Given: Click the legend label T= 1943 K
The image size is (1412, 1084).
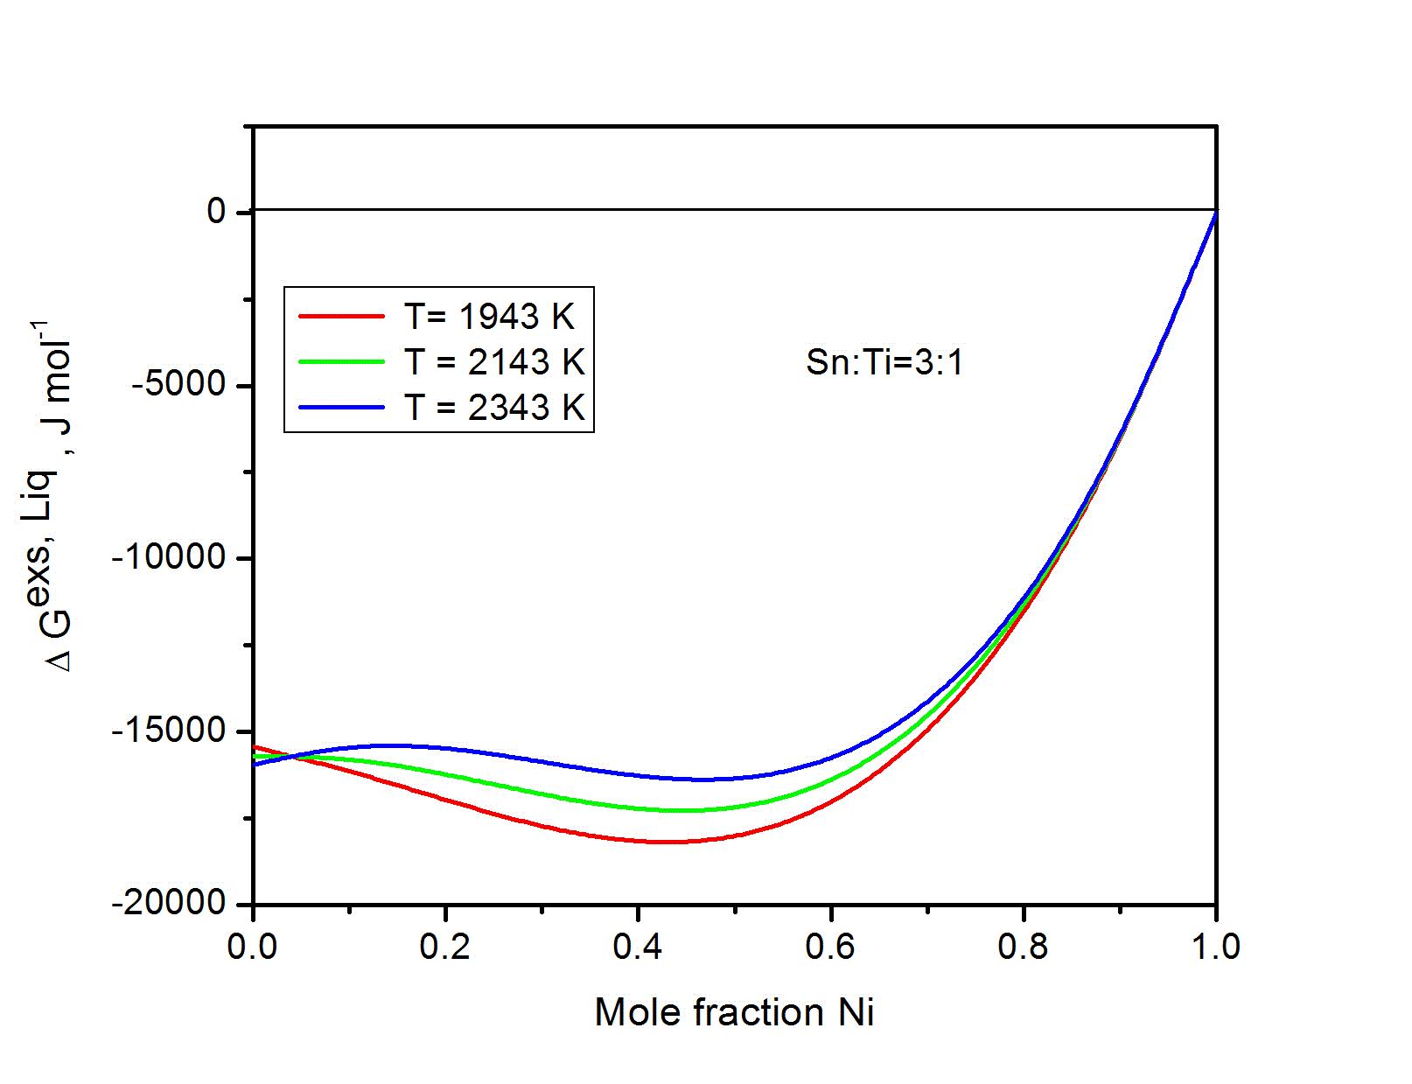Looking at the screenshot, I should (x=488, y=317).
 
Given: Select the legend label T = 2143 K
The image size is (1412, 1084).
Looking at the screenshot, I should (x=493, y=361).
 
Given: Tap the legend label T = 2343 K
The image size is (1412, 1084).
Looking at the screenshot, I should (x=493, y=407).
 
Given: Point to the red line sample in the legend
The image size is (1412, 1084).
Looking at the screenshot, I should (x=341, y=317).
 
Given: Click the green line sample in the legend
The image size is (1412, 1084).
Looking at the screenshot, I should (x=341, y=361).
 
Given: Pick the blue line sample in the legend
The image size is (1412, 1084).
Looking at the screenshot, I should (x=341, y=407).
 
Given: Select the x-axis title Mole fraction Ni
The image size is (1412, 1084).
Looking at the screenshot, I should (x=734, y=1012).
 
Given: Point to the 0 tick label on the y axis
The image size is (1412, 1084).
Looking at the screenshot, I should (x=217, y=212).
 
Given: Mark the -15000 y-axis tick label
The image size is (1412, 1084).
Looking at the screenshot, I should (x=170, y=731).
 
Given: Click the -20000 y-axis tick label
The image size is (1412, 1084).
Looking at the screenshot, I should (x=170, y=903).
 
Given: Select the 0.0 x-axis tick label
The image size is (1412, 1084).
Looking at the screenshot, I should (x=253, y=947).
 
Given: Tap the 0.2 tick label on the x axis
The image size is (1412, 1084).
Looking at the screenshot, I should (x=445, y=947).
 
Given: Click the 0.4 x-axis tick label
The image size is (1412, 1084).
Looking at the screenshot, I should (x=638, y=947).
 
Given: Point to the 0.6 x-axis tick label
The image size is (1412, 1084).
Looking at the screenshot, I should (x=830, y=947).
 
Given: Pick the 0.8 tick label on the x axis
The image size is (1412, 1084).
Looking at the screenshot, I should (x=1023, y=947).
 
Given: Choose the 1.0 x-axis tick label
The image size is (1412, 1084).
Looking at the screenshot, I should (x=1215, y=947).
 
